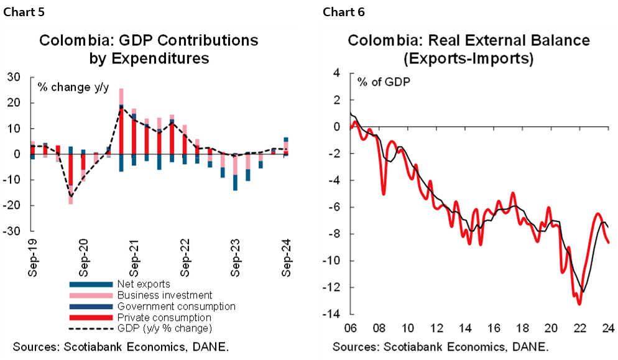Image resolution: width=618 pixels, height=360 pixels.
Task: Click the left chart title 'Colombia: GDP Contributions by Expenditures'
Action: point(149,50)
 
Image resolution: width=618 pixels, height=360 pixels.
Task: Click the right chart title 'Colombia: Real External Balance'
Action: point(468,50)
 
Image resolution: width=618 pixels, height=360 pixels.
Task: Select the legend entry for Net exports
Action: point(144,284)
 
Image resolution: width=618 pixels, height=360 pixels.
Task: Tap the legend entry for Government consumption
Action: point(176,306)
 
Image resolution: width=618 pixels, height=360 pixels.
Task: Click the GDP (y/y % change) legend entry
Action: point(165,328)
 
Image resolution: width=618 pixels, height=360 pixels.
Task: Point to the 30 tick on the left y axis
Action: point(14,77)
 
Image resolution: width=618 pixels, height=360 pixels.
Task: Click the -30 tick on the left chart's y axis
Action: point(11,231)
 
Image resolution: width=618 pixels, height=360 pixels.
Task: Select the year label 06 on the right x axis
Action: point(349,329)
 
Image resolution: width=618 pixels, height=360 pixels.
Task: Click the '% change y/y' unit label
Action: point(74,87)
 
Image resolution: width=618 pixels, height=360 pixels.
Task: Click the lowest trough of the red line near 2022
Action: point(579,303)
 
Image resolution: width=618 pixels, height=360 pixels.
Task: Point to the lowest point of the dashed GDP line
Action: point(70,197)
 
